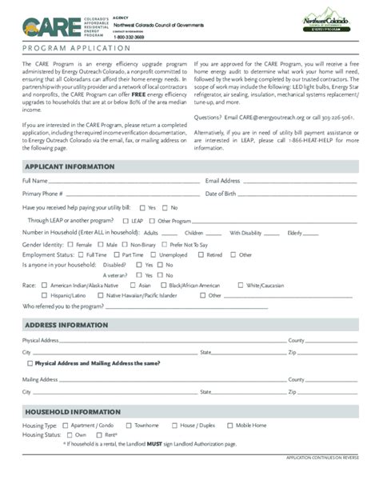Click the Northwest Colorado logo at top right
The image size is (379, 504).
tap(325, 24)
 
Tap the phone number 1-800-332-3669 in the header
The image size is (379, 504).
tap(128, 38)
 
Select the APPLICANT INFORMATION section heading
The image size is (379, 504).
tap(69, 166)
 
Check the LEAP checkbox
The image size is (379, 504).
tap(126, 220)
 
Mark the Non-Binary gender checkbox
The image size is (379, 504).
tap(126, 245)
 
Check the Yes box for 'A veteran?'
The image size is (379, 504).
tap(138, 274)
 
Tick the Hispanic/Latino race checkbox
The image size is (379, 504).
tap(44, 295)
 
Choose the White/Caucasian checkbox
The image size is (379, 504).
tap(241, 285)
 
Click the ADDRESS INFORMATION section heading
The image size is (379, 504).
tap(66, 325)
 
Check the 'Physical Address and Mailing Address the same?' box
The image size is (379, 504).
tap(30, 363)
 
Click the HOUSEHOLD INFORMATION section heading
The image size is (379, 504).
tap(72, 411)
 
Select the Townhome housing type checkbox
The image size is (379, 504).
tap(128, 426)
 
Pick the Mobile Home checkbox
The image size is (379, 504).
tap(229, 426)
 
